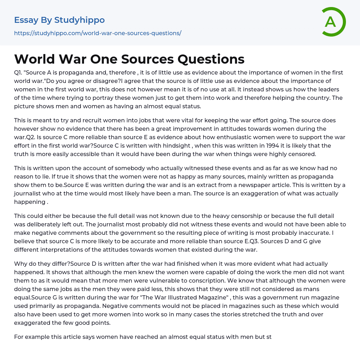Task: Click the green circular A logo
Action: [333, 22]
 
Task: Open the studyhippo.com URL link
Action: [97, 33]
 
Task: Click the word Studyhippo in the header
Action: [79, 20]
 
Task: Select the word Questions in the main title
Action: [211, 59]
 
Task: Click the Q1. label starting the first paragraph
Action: [19, 72]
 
